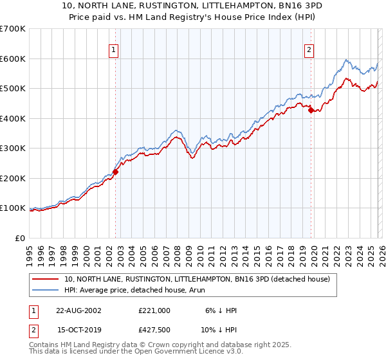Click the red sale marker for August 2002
click(x=116, y=172)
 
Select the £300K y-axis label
click(x=13, y=148)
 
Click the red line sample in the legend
click(x=46, y=279)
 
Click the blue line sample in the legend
click(x=46, y=290)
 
